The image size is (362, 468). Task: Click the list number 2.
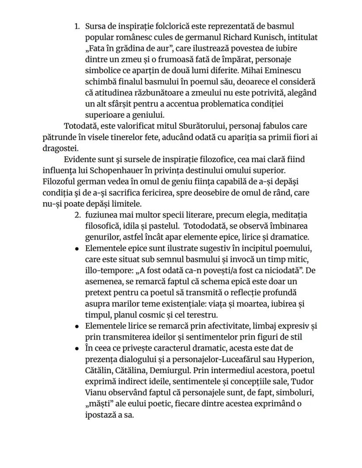(77, 215)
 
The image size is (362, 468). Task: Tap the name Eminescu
(284, 71)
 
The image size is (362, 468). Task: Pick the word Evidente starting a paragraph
(80, 159)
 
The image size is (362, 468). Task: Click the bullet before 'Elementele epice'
(77, 248)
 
